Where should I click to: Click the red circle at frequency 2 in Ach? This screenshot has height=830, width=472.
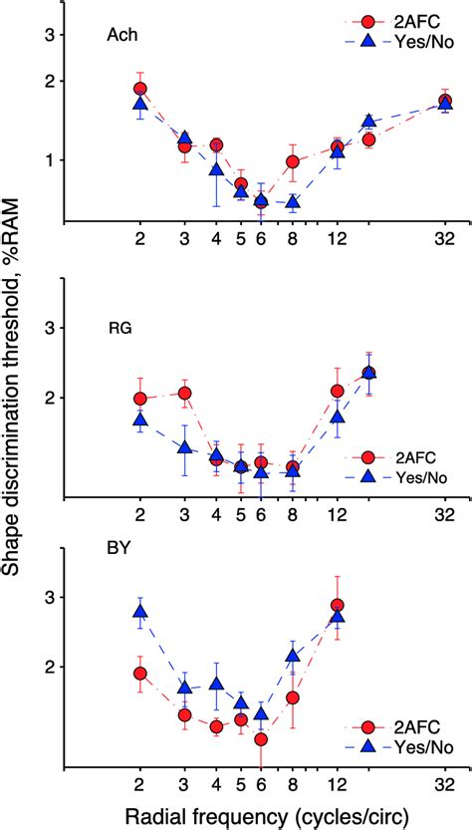click(140, 89)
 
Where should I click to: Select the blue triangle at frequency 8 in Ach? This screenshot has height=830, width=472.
click(293, 202)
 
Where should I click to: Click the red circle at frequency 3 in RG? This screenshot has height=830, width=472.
click(184, 393)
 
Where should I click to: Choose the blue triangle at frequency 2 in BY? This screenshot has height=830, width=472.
click(140, 612)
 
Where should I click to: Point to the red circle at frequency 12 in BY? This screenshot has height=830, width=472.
click(338, 606)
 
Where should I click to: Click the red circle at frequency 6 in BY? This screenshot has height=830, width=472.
click(261, 739)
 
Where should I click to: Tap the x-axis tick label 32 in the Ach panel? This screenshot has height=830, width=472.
click(445, 240)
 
